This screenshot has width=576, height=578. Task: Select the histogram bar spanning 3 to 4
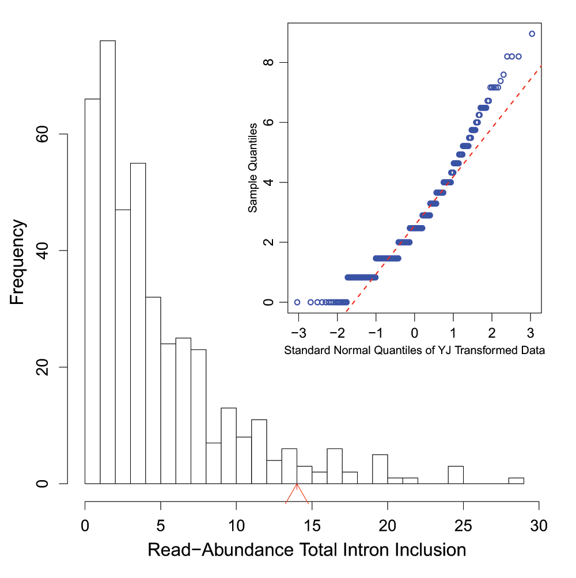(x=138, y=323)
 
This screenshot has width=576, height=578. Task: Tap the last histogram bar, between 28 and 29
(x=516, y=481)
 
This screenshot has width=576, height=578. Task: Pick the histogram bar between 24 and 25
(x=456, y=475)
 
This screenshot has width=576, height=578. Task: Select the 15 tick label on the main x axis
(x=312, y=526)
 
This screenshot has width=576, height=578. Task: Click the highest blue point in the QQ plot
(x=532, y=34)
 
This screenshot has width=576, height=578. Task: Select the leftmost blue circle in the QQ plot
(x=297, y=302)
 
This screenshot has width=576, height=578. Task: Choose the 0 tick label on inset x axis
(x=414, y=334)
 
